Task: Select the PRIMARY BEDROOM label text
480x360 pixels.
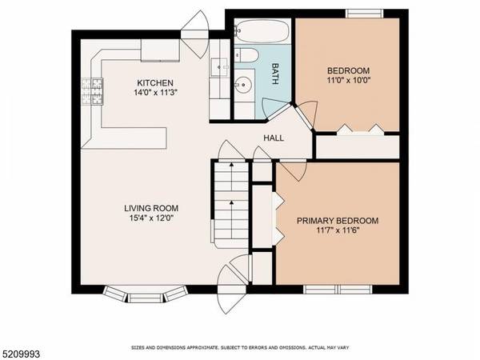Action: pos(337,221)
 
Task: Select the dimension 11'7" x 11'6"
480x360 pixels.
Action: pos(337,232)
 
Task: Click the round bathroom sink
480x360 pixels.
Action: pos(246,84)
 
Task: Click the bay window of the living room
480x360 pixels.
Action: pos(146,295)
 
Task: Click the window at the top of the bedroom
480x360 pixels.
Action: pos(364,13)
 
